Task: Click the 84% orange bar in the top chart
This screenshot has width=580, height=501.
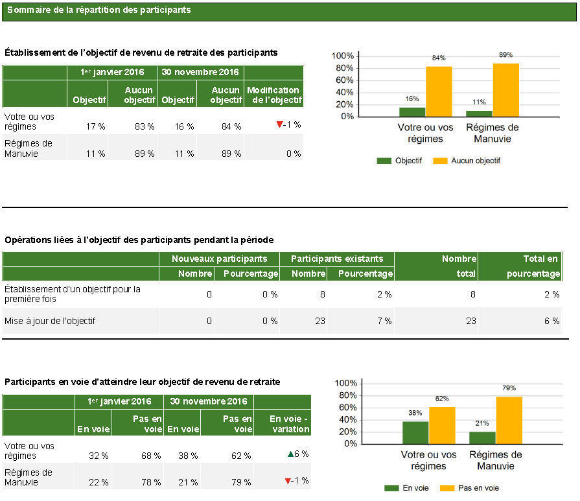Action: point(439,91)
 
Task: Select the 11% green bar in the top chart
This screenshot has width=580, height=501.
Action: point(479,113)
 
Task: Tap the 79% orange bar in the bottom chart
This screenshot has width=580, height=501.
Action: point(509,420)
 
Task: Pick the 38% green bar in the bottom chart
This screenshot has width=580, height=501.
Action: point(415,432)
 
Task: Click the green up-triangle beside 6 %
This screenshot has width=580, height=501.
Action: point(290,454)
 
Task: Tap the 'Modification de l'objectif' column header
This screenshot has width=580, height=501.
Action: point(273,95)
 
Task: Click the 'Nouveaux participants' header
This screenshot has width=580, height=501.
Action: point(219,259)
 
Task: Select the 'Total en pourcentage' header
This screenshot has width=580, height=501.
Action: point(533,266)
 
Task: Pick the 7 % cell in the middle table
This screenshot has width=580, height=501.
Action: point(384,321)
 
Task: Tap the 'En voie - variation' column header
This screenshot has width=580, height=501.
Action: point(289,424)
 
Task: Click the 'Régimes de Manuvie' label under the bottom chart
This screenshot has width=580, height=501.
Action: point(495,460)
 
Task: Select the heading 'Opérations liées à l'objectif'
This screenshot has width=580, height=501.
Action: point(139,240)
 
